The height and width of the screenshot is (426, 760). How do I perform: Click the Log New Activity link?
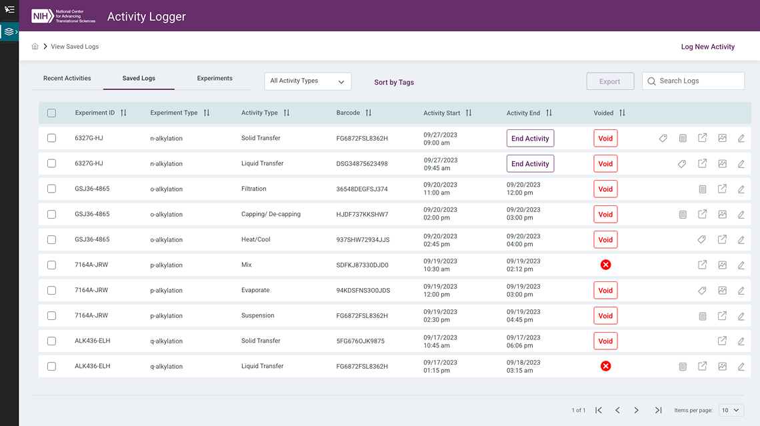pos(707,47)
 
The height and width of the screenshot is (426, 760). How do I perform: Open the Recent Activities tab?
pos(67,79)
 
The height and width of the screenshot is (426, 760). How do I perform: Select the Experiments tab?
pos(215,79)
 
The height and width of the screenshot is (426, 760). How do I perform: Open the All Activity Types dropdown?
pos(307,81)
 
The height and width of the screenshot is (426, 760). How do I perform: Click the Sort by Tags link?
pos(394,82)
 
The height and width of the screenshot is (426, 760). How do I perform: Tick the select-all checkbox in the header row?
pos(52,113)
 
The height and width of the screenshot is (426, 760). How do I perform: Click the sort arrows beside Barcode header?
pos(369,113)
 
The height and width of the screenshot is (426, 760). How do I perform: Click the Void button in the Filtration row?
pos(605,189)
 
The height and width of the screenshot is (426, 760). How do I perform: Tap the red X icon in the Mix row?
pos(605,265)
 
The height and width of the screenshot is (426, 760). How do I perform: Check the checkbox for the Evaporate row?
pos(52,291)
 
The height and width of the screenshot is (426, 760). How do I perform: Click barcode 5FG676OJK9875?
pos(360,341)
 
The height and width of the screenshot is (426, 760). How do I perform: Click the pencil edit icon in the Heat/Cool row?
pos(741,240)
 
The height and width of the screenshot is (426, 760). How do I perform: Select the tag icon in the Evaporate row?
pos(702,291)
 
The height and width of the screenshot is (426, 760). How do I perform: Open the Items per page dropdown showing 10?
pos(731,410)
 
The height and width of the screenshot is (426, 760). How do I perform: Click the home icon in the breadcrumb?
pos(35,47)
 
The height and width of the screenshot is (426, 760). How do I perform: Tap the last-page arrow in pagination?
pos(658,410)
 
